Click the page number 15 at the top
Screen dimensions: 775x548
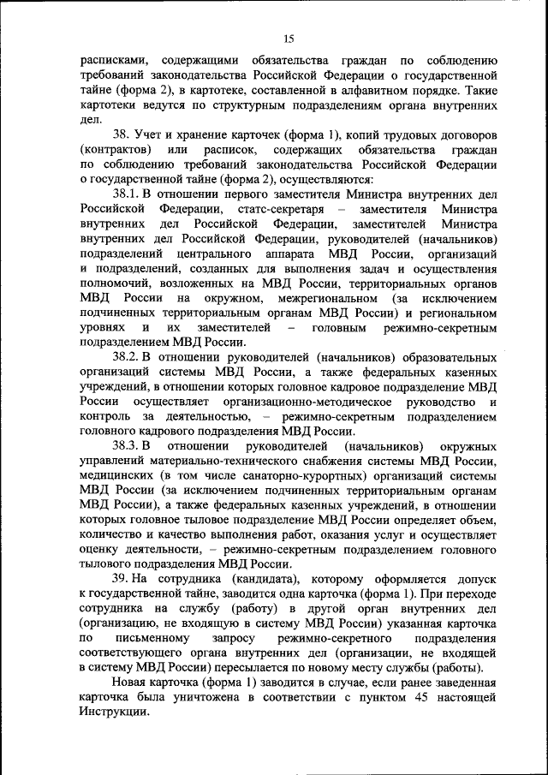coord(289,38)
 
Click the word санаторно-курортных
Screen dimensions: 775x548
coord(315,476)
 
